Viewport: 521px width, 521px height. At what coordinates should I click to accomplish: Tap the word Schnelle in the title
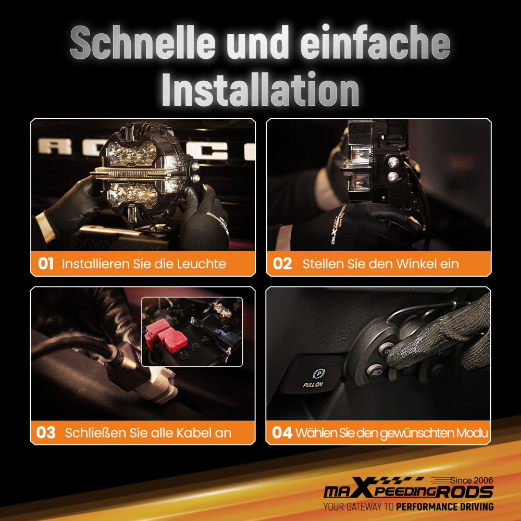pyautogui.click(x=140, y=43)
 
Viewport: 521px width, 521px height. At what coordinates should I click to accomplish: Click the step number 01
pyautogui.click(x=46, y=264)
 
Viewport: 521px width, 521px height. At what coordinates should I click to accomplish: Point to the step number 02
pyautogui.click(x=282, y=264)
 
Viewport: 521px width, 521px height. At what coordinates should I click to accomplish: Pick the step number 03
pyautogui.click(x=46, y=432)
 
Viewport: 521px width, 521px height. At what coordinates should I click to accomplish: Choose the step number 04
pyautogui.click(x=282, y=432)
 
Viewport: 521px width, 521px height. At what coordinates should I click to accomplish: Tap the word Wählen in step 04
pyautogui.click(x=313, y=432)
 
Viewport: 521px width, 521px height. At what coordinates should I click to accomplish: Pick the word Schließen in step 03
pyautogui.click(x=94, y=432)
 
